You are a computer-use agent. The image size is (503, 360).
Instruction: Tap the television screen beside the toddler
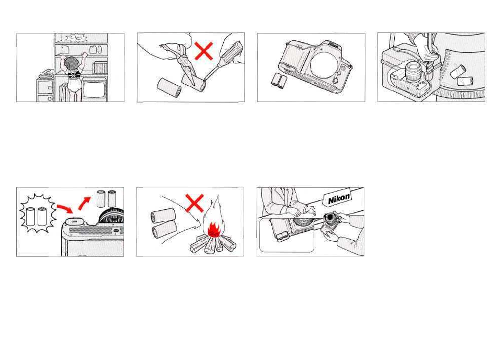94,89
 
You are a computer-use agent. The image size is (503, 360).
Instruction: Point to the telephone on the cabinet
47,74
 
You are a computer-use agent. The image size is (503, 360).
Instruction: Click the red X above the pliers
204,51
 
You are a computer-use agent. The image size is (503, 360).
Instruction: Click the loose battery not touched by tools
169,87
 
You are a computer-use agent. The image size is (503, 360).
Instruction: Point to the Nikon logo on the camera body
333,46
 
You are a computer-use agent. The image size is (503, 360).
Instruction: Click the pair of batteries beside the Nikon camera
279,81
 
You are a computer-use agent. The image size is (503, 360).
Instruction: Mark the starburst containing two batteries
38,213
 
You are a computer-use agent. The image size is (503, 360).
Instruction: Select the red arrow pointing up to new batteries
85,203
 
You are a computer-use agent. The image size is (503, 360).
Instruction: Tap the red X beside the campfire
195,203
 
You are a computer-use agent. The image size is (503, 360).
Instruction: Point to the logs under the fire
213,244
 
